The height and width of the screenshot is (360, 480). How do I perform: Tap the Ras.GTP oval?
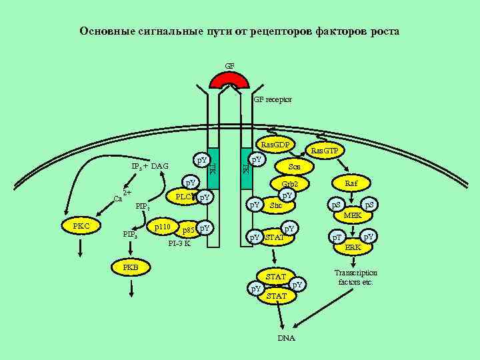[x=324, y=151]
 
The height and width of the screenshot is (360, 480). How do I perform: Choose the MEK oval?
[x=352, y=216]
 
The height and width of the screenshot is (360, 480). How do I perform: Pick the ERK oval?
[x=353, y=247]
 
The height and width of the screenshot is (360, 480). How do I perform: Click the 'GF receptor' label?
[x=273, y=100]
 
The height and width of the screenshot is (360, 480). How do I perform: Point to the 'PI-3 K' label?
[x=179, y=243]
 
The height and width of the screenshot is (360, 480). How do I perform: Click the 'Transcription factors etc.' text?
[x=355, y=277]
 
